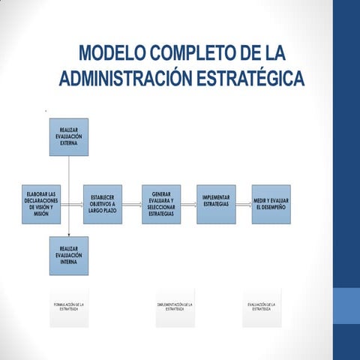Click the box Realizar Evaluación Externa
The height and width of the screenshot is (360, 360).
click(x=68, y=136)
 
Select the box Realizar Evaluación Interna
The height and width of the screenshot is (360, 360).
click(x=68, y=256)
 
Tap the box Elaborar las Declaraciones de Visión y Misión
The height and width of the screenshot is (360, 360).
click(x=42, y=203)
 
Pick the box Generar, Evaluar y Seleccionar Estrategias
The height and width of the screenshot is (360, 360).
click(x=161, y=203)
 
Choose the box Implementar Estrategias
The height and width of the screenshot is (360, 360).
click(x=216, y=203)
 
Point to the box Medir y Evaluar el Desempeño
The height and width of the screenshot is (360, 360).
click(x=271, y=203)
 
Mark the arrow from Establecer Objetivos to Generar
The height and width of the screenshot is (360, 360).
click(x=131, y=203)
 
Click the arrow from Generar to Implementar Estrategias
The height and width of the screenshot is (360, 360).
click(x=188, y=203)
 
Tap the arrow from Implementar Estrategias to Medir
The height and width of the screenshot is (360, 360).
click(x=243, y=203)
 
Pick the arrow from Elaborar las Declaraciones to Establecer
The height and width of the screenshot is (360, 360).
click(x=73, y=203)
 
